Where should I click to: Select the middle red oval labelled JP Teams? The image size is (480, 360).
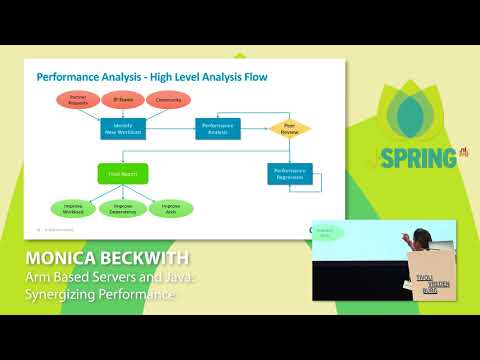(122, 100)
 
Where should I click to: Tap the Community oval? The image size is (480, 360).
(167, 100)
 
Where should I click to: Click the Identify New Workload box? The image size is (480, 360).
(122, 129)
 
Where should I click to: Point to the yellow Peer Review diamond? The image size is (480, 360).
(289, 129)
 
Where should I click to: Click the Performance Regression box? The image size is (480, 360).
(288, 173)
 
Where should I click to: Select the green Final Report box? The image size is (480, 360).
(122, 173)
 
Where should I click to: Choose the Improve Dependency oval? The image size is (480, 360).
(122, 209)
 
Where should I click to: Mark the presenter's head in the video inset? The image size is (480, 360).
(422, 237)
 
